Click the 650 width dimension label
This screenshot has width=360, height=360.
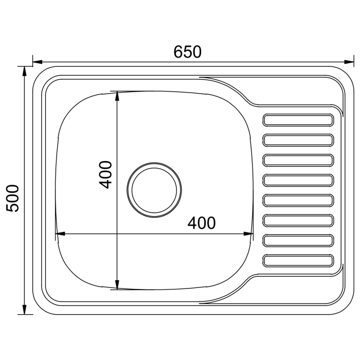tap(187, 52)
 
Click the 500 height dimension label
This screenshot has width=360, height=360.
tap(12, 198)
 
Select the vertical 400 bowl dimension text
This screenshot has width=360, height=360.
tap(105, 175)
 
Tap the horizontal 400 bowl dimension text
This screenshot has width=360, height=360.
tap(202, 223)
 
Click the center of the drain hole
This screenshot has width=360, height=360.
tap(154, 190)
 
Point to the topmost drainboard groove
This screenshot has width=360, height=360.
tap(298, 120)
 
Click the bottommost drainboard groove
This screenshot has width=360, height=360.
tap(298, 261)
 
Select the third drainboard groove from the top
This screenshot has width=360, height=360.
tap(298, 160)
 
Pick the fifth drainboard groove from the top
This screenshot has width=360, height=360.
tap(298, 200)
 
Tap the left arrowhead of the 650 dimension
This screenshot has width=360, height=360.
tap(38, 62)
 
